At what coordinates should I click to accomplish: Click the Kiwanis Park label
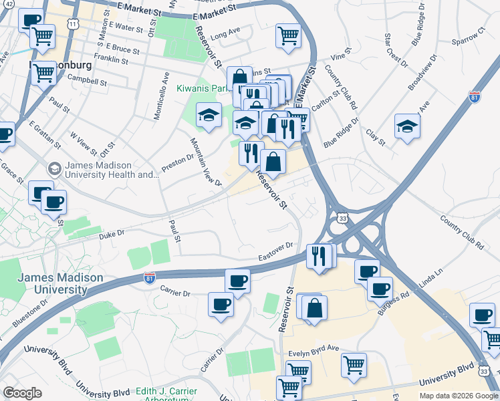pyautogui.click(x=203, y=88)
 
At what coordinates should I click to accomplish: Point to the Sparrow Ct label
pyautogui.click(x=467, y=41)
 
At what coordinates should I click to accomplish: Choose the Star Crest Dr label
pyautogui.click(x=396, y=49)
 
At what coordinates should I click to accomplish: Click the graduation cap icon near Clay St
pyautogui.click(x=407, y=126)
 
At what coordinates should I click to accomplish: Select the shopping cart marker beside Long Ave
pyautogui.click(x=289, y=35)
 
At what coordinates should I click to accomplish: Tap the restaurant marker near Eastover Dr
pyautogui.click(x=319, y=255)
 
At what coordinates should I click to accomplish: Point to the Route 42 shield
pyautogui.click(x=8, y=5)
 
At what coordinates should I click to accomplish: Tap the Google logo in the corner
pyautogui.click(x=22, y=393)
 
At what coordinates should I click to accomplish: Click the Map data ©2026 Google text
pyautogui.click(x=458, y=396)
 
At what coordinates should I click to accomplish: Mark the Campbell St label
pyautogui.click(x=87, y=82)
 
